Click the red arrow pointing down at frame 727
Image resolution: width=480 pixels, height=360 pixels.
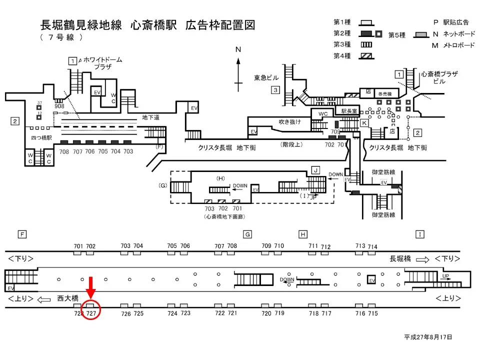[x=91, y=287]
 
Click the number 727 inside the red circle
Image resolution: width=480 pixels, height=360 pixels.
[x=91, y=313]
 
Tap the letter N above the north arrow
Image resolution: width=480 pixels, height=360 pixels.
[x=238, y=49]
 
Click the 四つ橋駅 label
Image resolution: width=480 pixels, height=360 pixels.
[x=38, y=135]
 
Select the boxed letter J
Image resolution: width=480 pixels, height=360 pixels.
[x=315, y=170]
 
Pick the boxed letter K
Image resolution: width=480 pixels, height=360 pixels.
[x=364, y=122]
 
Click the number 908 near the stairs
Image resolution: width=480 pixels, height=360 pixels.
[x=59, y=106]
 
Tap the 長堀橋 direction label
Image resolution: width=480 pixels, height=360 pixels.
[x=400, y=258]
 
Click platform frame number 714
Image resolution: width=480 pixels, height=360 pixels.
[x=372, y=246]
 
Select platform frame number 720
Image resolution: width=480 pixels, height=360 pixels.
[x=266, y=313]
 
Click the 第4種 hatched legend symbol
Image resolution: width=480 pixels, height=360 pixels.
[x=366, y=56]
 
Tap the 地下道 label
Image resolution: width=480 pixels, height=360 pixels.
[x=150, y=117]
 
